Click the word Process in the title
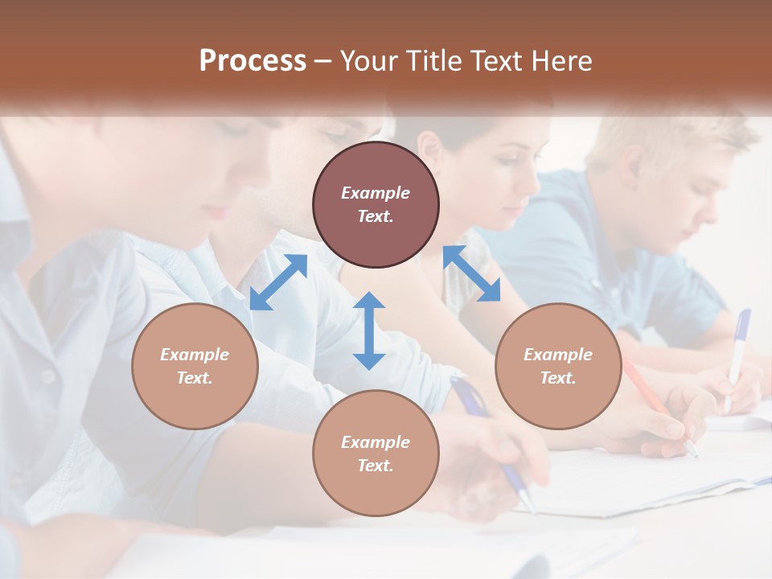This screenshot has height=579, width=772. click(253, 61)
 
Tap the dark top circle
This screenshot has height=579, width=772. click(376, 205)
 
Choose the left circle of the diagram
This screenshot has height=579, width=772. click(195, 366)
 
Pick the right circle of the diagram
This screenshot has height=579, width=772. click(557, 366)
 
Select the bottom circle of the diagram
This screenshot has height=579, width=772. click(376, 454)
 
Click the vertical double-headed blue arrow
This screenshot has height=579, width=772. click(369, 331)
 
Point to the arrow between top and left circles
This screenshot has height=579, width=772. click(278, 282)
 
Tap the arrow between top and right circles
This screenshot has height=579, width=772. click(471, 273)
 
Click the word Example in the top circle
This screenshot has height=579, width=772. click(376, 193)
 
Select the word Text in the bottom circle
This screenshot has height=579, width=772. click(376, 466)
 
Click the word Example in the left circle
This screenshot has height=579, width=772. click(195, 355)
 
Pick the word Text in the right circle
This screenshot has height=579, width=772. click(557, 378)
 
